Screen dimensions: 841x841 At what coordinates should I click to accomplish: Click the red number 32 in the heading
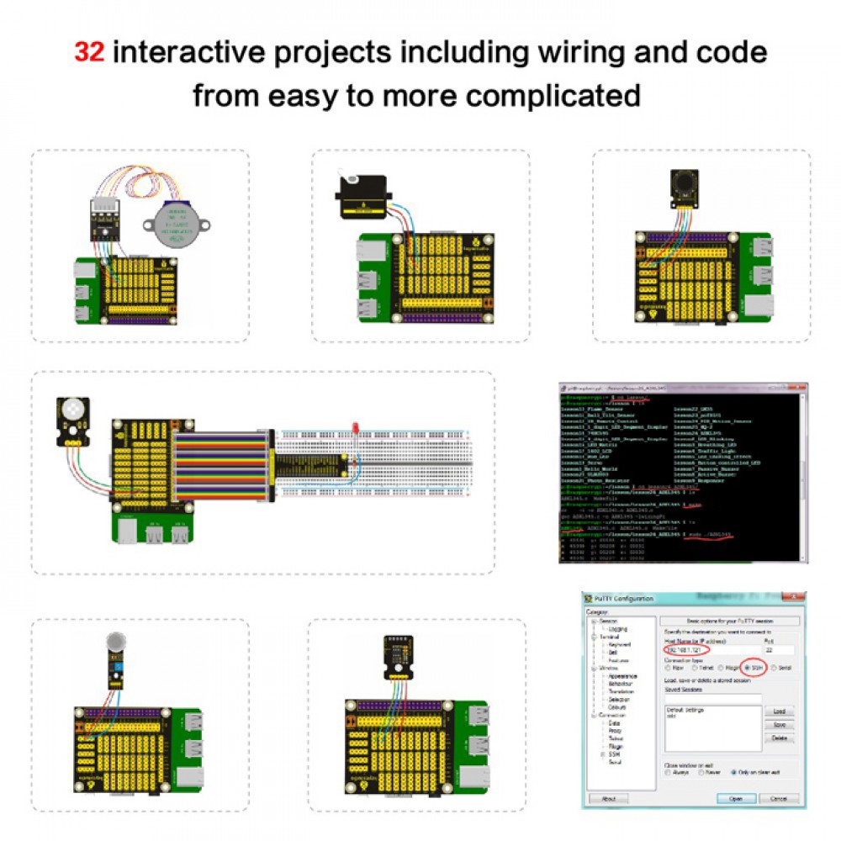coord(89,52)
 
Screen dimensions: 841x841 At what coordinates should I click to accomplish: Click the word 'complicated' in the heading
coord(553,95)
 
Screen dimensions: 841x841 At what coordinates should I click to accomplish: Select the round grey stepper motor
coord(177,226)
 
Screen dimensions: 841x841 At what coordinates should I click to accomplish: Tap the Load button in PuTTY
coord(779,711)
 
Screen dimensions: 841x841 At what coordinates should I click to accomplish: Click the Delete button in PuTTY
coord(779,738)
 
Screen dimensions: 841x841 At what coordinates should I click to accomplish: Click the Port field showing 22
coord(778,649)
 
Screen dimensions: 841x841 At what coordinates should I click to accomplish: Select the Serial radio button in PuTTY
coord(775,668)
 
